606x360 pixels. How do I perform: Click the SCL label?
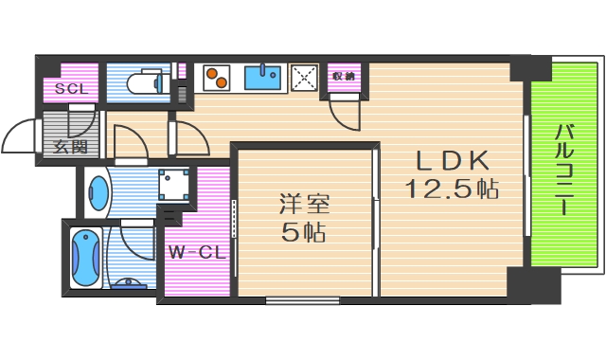pos(69,89)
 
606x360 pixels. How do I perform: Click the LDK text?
pos(450,159)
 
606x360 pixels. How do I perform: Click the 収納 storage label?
pos(343,75)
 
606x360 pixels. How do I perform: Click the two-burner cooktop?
pos(216,78)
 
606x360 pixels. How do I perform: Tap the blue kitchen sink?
pos(262,75)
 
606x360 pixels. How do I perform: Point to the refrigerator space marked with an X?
pos(305,77)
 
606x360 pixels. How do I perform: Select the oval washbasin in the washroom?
pos(98,193)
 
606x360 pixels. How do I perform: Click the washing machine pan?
pos(172,185)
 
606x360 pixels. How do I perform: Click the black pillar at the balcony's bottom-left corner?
pos(522,283)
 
